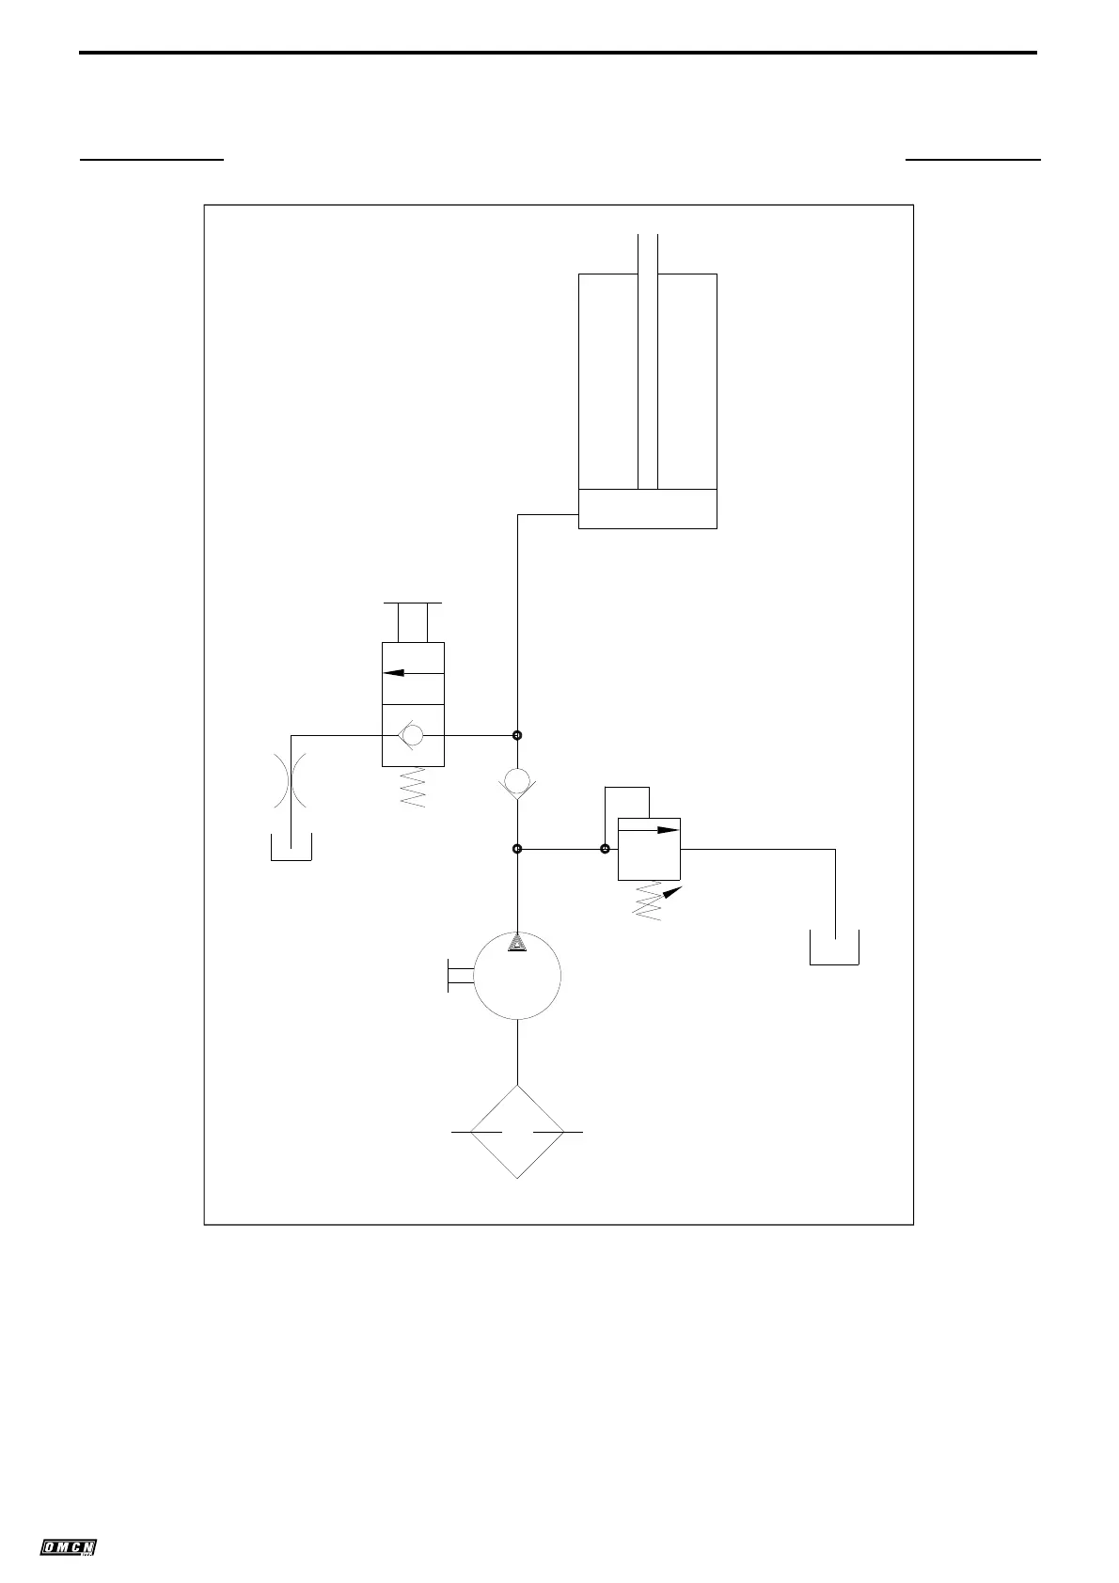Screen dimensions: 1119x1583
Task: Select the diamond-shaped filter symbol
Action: pos(517,1132)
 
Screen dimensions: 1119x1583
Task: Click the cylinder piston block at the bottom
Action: pos(648,509)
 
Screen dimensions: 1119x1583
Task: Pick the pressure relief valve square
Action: pos(649,849)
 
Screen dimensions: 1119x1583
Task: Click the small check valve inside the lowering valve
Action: pos(411,735)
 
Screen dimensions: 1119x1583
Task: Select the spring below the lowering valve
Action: pos(413,788)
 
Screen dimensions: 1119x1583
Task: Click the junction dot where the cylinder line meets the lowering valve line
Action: pos(517,735)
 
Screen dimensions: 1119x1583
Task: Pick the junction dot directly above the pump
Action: pos(517,849)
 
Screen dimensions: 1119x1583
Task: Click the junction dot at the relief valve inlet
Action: pos(605,849)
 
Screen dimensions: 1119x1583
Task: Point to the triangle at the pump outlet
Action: pos(517,943)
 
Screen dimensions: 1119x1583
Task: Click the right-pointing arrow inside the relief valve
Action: pos(658,830)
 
